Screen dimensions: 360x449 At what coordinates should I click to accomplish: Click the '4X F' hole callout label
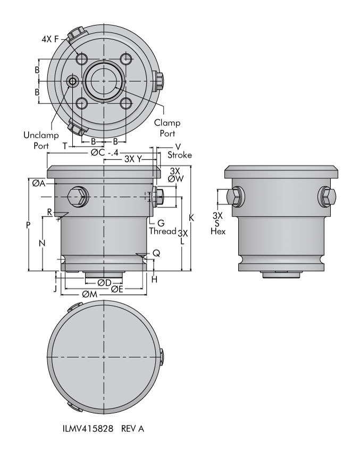click(x=50, y=39)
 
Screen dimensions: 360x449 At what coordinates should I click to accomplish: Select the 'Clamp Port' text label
click(x=167, y=128)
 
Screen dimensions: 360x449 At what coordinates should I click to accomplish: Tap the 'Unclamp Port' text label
click(x=41, y=140)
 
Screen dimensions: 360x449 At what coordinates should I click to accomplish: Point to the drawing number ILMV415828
click(x=88, y=428)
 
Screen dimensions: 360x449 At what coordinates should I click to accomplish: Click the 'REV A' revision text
click(x=132, y=428)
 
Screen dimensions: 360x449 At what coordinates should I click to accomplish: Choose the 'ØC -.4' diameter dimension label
click(x=105, y=152)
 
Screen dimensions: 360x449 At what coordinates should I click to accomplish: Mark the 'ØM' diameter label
click(x=89, y=294)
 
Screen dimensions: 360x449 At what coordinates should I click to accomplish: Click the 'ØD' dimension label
click(x=104, y=282)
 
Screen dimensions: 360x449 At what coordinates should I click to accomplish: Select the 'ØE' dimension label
click(x=117, y=289)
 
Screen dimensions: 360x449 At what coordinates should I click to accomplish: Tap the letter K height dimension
click(x=191, y=218)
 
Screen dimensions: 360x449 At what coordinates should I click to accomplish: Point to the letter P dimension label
click(x=28, y=225)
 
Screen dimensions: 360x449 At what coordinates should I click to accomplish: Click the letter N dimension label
click(x=42, y=243)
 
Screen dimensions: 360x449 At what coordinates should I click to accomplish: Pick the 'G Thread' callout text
click(x=162, y=227)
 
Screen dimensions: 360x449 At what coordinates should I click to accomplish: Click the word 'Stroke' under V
click(x=180, y=155)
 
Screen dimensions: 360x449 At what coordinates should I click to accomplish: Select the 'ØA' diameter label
click(x=39, y=183)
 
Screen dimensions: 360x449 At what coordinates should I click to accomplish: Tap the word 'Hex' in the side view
click(x=218, y=231)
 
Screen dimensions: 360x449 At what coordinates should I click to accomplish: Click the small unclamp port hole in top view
click(x=73, y=81)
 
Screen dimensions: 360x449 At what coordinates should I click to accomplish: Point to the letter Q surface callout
click(x=156, y=253)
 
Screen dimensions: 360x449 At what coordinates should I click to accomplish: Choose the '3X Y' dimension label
click(x=133, y=159)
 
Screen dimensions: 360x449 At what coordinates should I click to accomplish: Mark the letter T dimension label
click(x=65, y=146)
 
